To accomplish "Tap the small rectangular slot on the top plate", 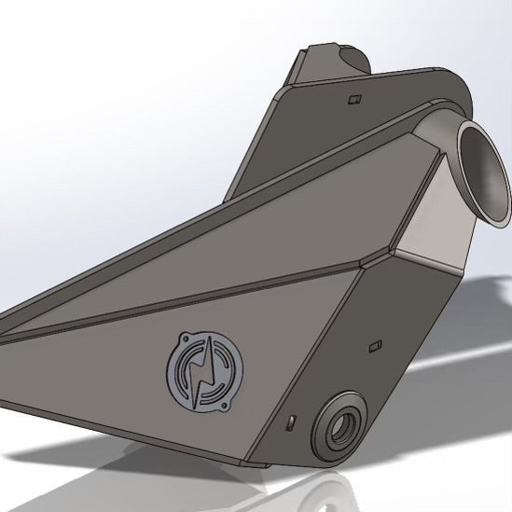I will tap(353, 96).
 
